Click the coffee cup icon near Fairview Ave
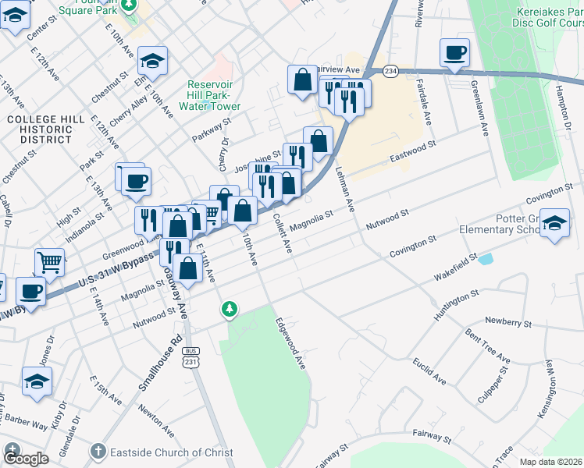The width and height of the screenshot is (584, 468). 454,54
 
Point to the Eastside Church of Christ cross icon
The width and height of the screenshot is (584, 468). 98,451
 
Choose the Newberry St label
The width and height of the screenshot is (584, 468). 507,321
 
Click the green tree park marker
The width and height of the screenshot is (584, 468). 229,310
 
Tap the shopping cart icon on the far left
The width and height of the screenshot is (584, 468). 49,261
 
